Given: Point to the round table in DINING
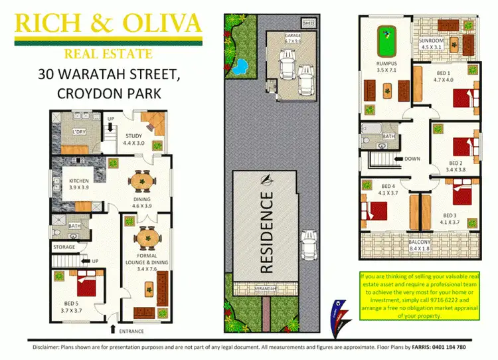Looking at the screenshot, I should coord(140,181).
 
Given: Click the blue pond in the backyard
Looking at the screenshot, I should coord(238,66).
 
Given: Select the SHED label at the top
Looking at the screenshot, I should coord(308,22).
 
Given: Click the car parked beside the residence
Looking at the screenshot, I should coord(308,245).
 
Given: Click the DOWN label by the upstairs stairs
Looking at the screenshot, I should coord(412,159).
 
